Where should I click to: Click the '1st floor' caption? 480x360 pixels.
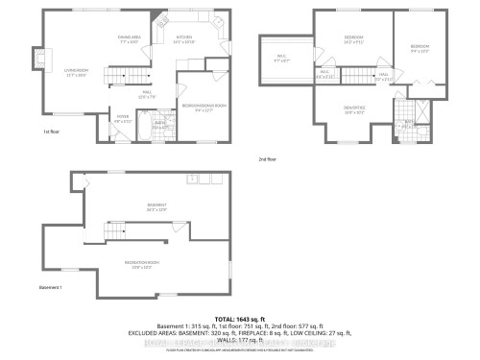click(x=52, y=132)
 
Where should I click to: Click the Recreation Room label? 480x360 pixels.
click(x=141, y=264)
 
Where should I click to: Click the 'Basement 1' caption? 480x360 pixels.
click(x=50, y=288)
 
